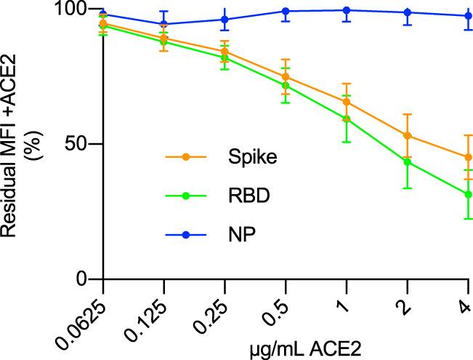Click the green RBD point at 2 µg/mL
(408, 162)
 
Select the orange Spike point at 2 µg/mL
(408, 135)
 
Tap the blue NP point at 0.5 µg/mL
(286, 12)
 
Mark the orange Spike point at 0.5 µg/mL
(286, 77)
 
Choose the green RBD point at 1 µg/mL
(347, 119)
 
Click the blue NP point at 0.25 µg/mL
(225, 20)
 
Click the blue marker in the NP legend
(185, 235)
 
